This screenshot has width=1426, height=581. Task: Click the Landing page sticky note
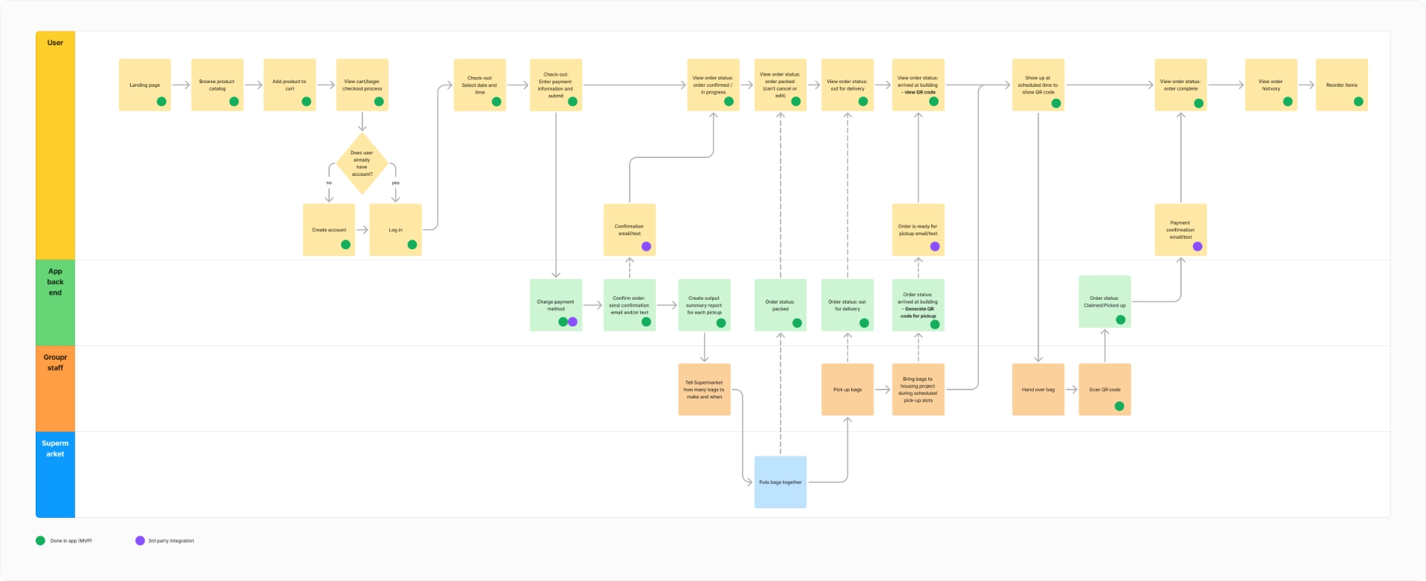145,85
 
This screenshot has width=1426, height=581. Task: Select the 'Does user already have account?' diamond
362,163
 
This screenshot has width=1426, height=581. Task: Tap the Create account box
329,229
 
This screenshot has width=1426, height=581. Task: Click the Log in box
395,229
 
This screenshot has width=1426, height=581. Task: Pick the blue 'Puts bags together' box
780,482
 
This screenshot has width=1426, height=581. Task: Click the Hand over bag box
1038,389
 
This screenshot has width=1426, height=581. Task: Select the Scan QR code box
1104,389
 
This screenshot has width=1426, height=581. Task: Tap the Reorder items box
1341,85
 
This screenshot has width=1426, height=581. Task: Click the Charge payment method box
556,304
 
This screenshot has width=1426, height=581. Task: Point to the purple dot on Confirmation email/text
646,246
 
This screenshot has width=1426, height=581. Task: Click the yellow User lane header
55,145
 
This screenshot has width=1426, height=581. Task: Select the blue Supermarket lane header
55,474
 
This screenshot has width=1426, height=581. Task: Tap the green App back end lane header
55,302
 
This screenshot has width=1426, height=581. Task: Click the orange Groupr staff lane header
55,388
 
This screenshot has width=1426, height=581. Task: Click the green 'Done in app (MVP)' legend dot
40,540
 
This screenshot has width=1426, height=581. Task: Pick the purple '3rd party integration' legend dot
140,540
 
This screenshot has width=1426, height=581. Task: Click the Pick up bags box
847,389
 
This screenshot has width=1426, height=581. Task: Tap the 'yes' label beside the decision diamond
395,183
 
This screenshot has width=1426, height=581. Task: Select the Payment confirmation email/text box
1180,229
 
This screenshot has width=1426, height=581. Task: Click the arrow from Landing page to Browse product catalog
181,85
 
